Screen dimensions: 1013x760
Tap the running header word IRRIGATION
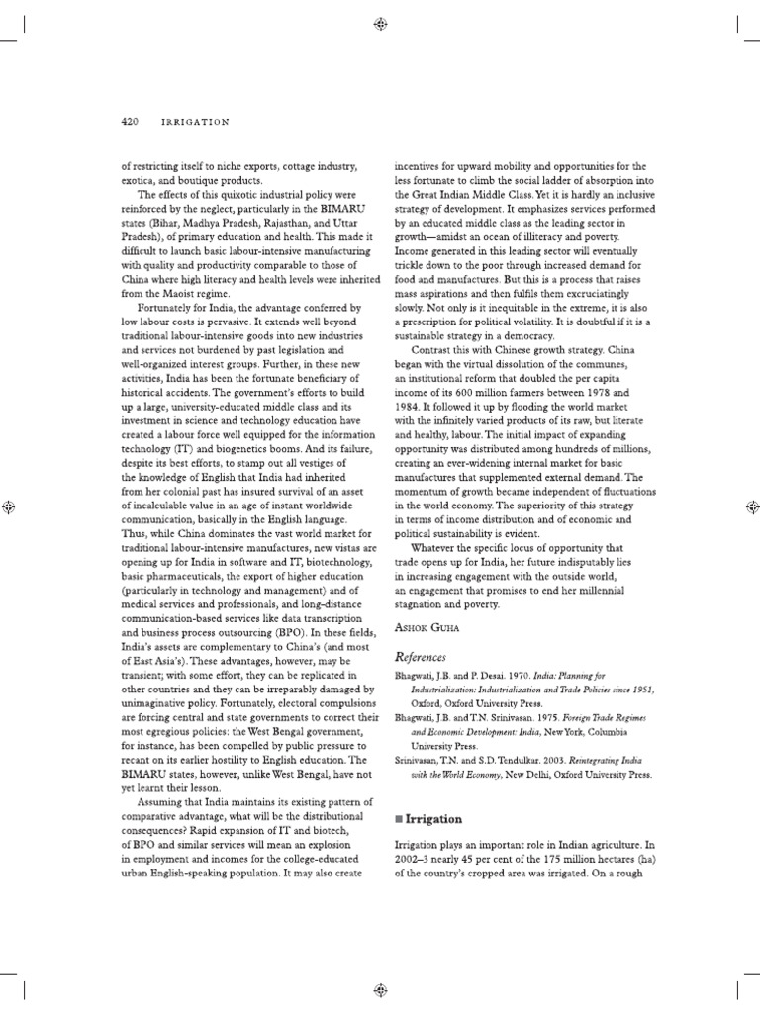click(x=195, y=121)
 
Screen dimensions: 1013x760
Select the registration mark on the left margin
click(x=9, y=506)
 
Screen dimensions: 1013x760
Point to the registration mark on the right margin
click(x=750, y=506)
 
